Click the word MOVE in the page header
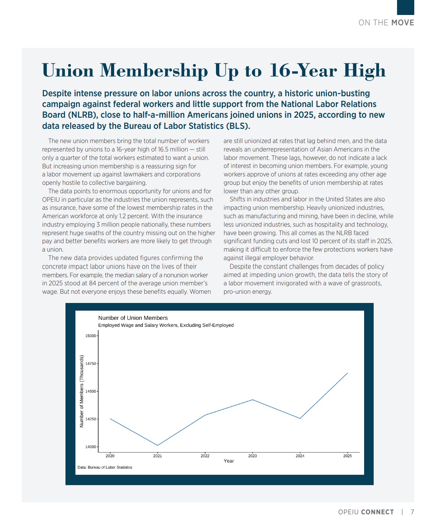[x=402, y=23]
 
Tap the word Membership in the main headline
[x=154, y=71]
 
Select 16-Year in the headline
[x=303, y=71]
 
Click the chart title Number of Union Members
[x=133, y=318]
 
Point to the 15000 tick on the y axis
[x=91, y=336]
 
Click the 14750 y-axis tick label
[x=91, y=364]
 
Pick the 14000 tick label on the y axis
[x=91, y=447]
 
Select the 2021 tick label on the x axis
[x=157, y=456]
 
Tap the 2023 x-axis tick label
[x=252, y=456]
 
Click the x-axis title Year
[x=229, y=461]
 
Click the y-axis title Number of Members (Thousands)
[x=82, y=391]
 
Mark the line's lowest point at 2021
[x=157, y=445]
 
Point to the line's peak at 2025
[x=347, y=373]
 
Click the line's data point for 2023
[x=252, y=400]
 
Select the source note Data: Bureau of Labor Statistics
[x=105, y=467]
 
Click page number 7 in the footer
[x=412, y=512]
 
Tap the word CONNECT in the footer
[x=377, y=512]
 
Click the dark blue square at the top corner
[x=405, y=7]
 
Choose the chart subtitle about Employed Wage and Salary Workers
[x=166, y=325]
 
